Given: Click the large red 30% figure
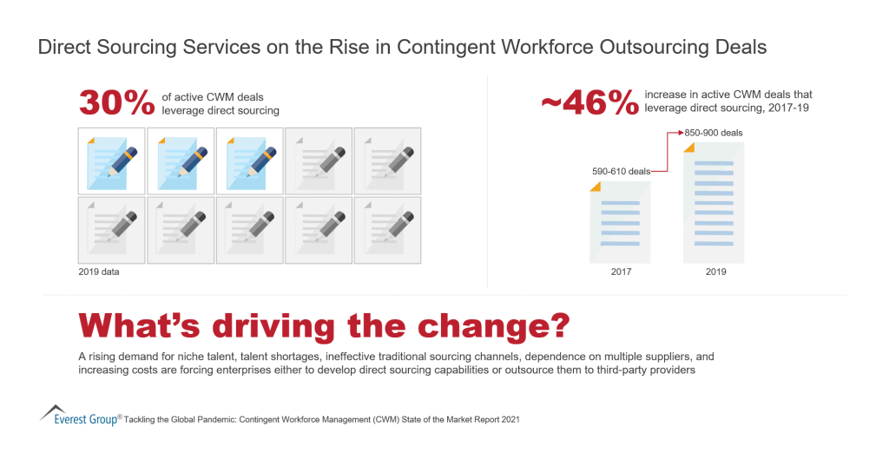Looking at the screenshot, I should click(x=116, y=102).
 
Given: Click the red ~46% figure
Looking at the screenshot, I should click(x=589, y=102).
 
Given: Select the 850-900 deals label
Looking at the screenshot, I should click(x=714, y=133).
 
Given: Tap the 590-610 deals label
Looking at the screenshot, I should click(x=622, y=172).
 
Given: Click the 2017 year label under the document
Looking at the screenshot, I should click(x=621, y=272).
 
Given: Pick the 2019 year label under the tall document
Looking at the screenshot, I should click(x=715, y=272).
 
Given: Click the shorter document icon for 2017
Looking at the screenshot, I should click(x=620, y=223).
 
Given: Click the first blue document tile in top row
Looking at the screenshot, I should click(x=111, y=160).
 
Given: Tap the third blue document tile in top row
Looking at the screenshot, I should click(x=249, y=160).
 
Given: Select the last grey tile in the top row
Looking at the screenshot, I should click(x=387, y=160).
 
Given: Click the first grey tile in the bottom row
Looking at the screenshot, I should click(x=111, y=230).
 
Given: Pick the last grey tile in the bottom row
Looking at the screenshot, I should click(x=387, y=230).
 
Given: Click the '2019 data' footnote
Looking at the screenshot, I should click(x=98, y=272).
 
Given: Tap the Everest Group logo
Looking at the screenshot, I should click(x=80, y=416).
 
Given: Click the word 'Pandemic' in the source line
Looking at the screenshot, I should click(x=230, y=419).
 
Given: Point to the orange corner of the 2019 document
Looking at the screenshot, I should click(x=690, y=147).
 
